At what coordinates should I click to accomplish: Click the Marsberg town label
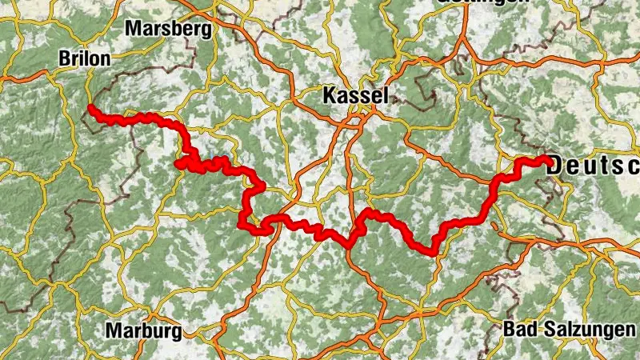(x=168, y=30)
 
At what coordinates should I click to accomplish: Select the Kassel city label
(x=355, y=97)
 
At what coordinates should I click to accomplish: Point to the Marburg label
(x=144, y=330)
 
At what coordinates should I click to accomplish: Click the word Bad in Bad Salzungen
(x=518, y=329)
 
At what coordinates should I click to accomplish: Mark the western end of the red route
(x=90, y=108)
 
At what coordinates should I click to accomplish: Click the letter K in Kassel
(x=329, y=97)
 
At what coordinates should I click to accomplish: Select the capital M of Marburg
(x=113, y=330)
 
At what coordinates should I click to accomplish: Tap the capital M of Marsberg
(x=132, y=30)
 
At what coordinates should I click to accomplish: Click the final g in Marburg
(x=177, y=332)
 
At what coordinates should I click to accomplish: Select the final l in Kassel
(x=386, y=97)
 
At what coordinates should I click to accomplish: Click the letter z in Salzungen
(x=569, y=330)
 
